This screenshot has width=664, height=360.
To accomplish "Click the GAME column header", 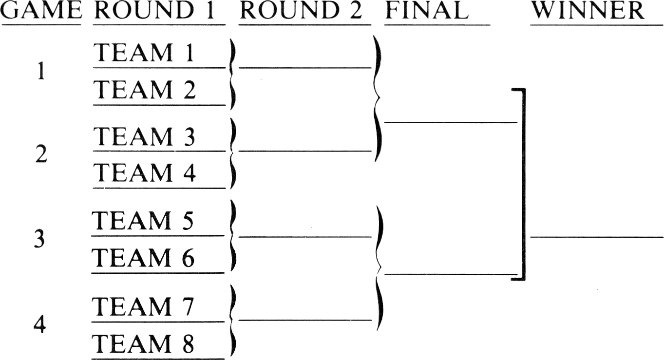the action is pyautogui.click(x=41, y=11).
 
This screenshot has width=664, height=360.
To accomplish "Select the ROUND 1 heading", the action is pyautogui.click(x=154, y=11).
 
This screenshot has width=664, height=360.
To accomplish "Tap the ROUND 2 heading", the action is pyautogui.click(x=301, y=11).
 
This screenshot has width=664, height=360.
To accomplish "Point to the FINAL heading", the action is pyautogui.click(x=427, y=11).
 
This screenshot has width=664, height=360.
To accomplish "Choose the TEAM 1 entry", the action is pyautogui.click(x=144, y=53).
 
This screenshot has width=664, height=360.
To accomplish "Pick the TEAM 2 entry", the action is pyautogui.click(x=145, y=89).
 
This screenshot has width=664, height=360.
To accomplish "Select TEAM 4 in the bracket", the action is pyautogui.click(x=145, y=172).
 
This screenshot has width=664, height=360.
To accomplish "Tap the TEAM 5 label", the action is pyautogui.click(x=143, y=220).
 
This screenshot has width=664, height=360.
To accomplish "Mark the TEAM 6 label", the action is pyautogui.click(x=143, y=257).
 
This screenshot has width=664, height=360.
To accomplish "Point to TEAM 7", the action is pyautogui.click(x=143, y=306).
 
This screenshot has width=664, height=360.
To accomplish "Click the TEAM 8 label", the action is pyautogui.click(x=143, y=343).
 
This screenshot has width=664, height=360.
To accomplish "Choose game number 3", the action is pyautogui.click(x=39, y=239).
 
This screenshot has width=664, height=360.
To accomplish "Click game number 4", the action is pyautogui.click(x=39, y=324).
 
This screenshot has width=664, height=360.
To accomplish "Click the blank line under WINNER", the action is pyautogui.click(x=597, y=237).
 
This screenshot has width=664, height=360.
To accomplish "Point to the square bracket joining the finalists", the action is pyautogui.click(x=524, y=184).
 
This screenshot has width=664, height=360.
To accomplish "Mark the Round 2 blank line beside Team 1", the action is pyautogui.click(x=305, y=68).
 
